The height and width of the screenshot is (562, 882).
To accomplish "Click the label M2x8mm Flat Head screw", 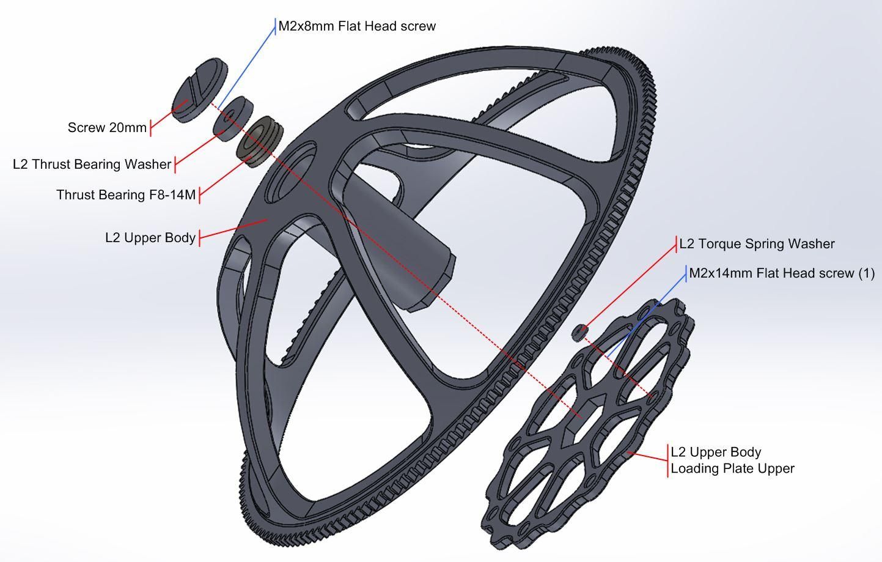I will click(357, 26).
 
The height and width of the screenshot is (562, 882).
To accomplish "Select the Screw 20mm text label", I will click(107, 128).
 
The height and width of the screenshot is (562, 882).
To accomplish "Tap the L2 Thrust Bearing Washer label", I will click(92, 165).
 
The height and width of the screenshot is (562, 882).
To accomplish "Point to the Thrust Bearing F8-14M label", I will click(126, 195).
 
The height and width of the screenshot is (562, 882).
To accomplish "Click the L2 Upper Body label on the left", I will click(150, 238).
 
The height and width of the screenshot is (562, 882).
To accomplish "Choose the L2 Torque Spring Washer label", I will click(757, 244).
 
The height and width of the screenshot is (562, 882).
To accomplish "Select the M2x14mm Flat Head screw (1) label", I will click(782, 273).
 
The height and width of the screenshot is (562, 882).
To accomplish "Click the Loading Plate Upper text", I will click(732, 468).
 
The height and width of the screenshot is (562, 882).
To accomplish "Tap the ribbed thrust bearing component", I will click(259, 140).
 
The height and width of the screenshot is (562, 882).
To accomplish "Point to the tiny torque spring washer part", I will click(579, 332).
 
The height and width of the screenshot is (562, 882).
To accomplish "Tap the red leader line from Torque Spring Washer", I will click(630, 285).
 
